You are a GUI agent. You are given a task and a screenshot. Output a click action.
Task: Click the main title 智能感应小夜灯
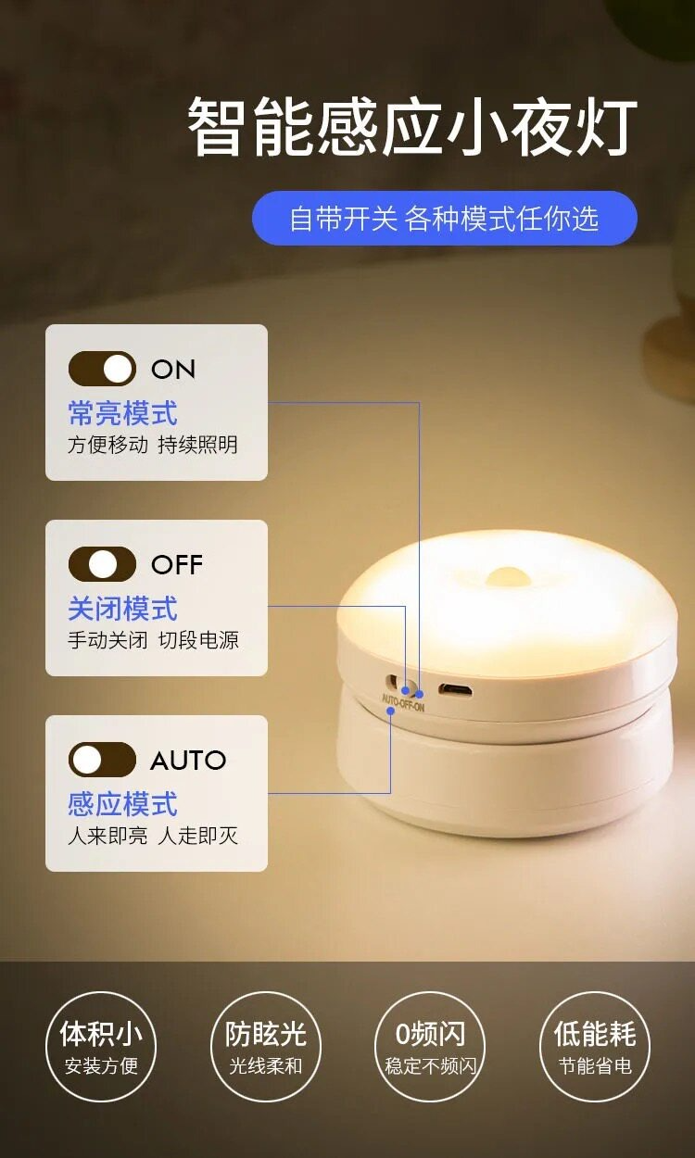point(412,128)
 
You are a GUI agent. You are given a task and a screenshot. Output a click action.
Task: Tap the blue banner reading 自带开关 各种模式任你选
point(445,218)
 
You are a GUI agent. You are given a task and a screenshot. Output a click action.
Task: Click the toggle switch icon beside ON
point(102,369)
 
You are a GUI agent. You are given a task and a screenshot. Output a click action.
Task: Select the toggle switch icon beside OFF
point(102,564)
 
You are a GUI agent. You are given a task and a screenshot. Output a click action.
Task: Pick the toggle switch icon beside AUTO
point(102,760)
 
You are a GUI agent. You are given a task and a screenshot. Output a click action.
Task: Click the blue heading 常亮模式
point(122,413)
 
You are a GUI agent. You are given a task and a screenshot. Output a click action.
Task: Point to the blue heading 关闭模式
point(122,609)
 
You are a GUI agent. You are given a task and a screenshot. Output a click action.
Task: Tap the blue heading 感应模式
point(122,804)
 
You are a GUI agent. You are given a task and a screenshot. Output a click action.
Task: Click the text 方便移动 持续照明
point(153,445)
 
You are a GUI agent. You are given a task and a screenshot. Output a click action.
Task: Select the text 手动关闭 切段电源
point(153,640)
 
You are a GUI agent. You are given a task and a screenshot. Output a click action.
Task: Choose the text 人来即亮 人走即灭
point(153,836)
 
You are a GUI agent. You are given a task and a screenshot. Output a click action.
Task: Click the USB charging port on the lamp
point(455,689)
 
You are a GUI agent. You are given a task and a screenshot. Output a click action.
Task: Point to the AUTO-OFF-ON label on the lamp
point(403,703)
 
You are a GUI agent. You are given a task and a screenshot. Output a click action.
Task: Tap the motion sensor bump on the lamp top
point(507,576)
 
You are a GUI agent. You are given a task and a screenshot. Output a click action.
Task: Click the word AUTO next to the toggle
point(188,761)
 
